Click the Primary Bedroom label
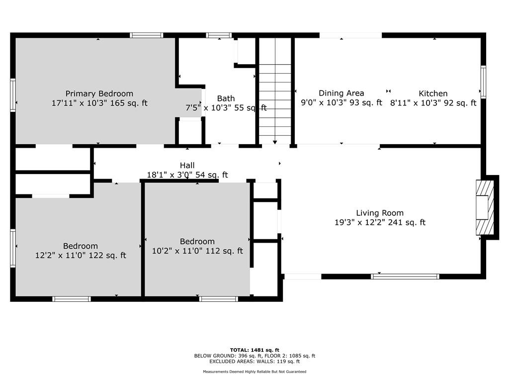click(99, 94)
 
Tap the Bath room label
click(226, 98)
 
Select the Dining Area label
click(341, 93)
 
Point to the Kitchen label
click(433, 94)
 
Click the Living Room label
click(380, 213)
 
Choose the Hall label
click(187, 165)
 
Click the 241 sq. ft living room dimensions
click(380, 222)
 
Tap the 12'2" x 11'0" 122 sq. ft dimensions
click(81, 255)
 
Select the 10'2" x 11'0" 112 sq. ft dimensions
click(197, 251)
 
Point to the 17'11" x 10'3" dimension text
click(80, 103)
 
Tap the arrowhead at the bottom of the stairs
click(275, 142)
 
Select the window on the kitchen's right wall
click(483, 82)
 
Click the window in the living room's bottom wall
click(405, 277)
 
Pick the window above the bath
click(219, 35)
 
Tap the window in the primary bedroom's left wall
click(13, 95)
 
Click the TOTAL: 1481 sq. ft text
click(254, 350)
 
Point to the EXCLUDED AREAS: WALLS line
click(254, 361)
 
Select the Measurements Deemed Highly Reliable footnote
click(254, 372)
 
